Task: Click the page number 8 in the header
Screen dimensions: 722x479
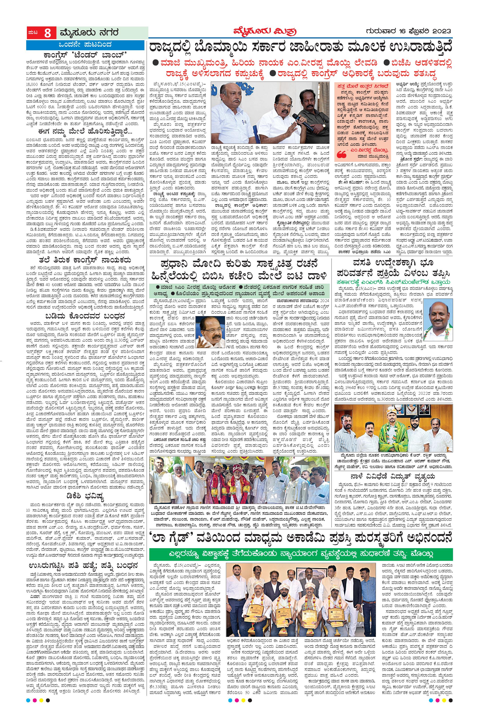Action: pos(47,33)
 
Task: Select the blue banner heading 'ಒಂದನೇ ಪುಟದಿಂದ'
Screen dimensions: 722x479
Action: pos(85,45)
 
